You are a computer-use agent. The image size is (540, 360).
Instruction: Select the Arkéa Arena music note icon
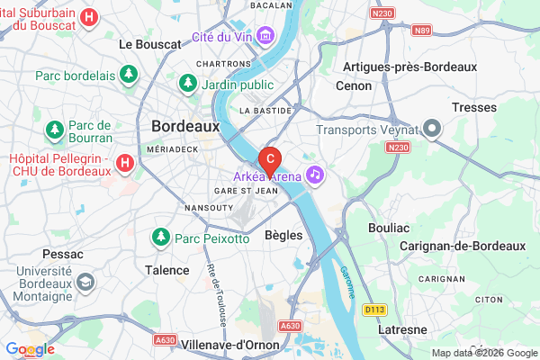coord(314,173)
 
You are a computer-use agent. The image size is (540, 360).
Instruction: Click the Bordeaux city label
coord(185,127)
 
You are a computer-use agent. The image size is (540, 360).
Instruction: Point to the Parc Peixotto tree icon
coord(161,238)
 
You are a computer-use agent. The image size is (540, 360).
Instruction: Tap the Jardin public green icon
coord(188,84)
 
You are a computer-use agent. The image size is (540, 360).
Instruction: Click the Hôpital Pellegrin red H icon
coord(125,164)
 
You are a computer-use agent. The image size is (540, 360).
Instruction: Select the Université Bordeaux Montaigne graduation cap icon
coord(85,283)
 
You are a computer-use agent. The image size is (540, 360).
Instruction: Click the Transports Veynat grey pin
coord(432,130)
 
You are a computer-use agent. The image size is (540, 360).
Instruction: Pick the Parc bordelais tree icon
coord(128,74)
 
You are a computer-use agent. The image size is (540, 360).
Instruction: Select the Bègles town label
coord(283,235)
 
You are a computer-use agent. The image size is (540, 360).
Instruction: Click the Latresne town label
coord(402,329)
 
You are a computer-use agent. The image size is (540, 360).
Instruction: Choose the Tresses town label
coord(475,107)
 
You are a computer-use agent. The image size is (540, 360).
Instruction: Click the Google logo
coord(30,349)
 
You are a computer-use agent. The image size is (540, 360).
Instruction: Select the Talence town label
coord(167,269)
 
